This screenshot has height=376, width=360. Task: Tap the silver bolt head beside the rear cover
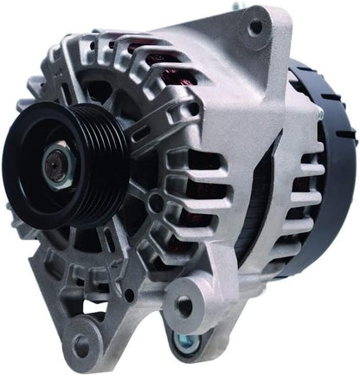(320, 113)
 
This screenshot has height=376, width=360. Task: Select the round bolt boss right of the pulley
(155, 204)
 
